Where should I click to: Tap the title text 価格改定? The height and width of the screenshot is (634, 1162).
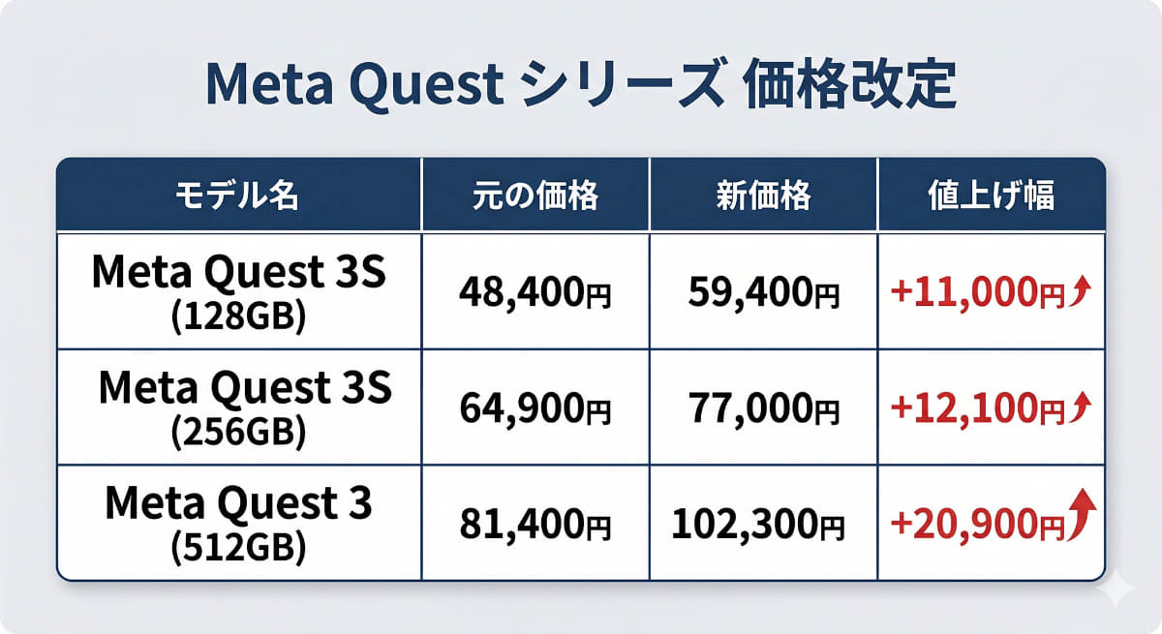[x=850, y=88]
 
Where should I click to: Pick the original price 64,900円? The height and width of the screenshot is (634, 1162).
[x=535, y=408]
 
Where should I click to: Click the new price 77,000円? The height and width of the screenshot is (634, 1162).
[x=763, y=408]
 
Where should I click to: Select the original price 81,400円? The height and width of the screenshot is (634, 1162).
[x=535, y=524]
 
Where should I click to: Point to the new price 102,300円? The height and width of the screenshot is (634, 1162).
[x=758, y=524]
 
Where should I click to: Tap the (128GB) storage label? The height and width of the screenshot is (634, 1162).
[x=238, y=316]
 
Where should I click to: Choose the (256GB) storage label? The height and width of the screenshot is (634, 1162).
[x=238, y=432]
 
